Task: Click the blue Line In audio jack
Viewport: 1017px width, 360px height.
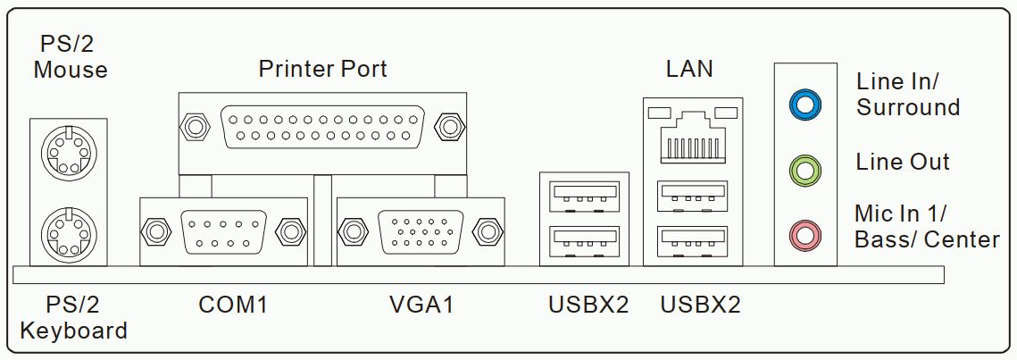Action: (804, 105)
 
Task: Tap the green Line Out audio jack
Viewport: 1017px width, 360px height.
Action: (804, 170)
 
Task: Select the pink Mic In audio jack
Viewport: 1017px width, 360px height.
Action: (804, 233)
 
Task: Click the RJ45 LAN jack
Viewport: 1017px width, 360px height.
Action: (693, 136)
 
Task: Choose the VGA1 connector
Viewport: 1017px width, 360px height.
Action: (421, 231)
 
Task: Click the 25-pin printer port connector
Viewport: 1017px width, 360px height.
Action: (322, 127)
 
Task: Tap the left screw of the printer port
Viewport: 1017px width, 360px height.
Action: (195, 127)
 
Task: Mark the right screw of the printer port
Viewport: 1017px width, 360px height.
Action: (449, 127)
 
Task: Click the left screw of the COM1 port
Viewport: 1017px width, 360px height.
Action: (155, 231)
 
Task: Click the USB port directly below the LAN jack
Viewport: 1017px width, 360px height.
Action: (691, 197)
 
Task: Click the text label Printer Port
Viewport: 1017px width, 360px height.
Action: (322, 69)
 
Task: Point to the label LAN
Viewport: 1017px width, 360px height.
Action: (688, 68)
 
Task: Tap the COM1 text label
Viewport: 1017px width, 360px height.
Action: (233, 305)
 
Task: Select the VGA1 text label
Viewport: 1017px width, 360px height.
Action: (421, 305)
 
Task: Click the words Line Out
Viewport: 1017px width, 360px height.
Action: (903, 163)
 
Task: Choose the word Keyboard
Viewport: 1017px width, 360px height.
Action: (73, 331)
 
